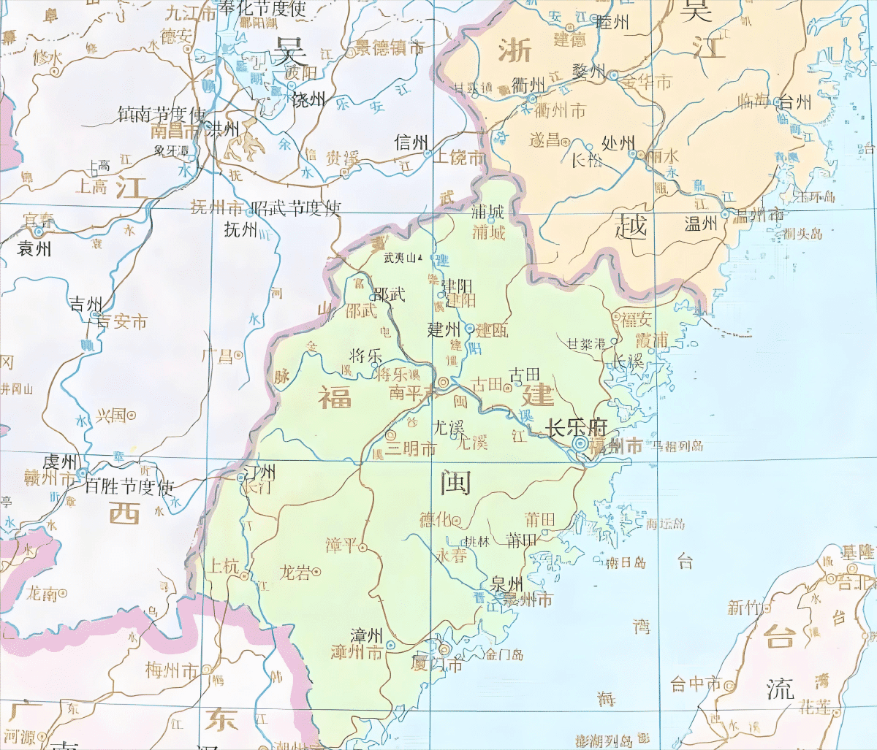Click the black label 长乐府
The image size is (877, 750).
577,428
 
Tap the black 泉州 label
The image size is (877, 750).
506,584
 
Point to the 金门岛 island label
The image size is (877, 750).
504,654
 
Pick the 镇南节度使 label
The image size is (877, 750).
162,114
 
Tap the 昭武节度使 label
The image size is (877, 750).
295,208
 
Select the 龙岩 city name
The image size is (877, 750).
295,572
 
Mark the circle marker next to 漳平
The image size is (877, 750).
362,548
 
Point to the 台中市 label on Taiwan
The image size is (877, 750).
696,684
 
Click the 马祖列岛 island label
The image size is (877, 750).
677,445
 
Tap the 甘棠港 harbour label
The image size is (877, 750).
586,343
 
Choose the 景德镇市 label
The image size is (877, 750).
390,48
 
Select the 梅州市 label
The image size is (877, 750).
172,670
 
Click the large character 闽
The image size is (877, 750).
455,483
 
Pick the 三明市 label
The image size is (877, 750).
411,449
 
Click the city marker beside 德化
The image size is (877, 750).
457,521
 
